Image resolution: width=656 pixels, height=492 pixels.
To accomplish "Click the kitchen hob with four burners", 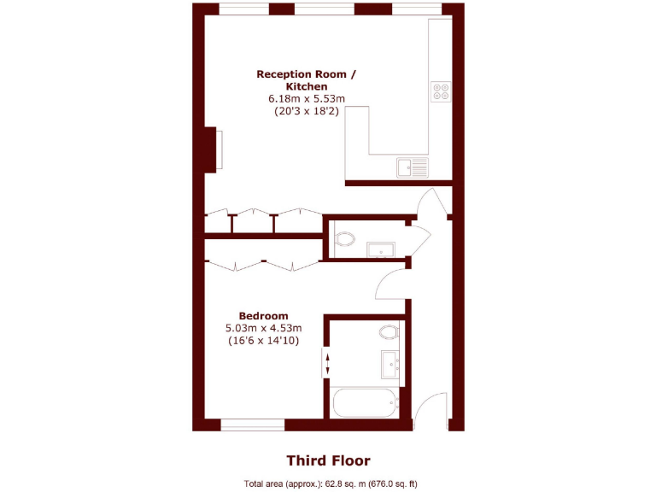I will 442,91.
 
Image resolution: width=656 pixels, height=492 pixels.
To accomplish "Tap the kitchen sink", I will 412,167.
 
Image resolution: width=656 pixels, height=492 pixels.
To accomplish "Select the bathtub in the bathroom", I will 365,402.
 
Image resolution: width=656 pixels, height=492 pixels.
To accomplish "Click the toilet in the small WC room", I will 344,239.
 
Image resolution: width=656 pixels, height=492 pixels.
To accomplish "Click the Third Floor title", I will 328,460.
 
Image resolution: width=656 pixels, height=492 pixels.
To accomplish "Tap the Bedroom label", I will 263,315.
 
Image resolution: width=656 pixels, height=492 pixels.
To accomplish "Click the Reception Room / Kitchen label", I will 307,80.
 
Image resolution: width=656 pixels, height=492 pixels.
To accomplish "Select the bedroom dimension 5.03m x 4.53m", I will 263,327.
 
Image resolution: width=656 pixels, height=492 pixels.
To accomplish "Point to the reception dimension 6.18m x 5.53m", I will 307,99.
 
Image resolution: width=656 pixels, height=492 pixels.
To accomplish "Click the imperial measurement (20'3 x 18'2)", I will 307,111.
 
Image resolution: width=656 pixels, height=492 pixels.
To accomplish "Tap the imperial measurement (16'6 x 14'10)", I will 263,340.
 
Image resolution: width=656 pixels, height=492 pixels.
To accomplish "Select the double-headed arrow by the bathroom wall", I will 327,362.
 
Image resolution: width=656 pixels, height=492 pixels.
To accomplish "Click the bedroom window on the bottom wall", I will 252,424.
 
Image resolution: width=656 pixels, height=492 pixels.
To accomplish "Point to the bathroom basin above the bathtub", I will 391,363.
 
